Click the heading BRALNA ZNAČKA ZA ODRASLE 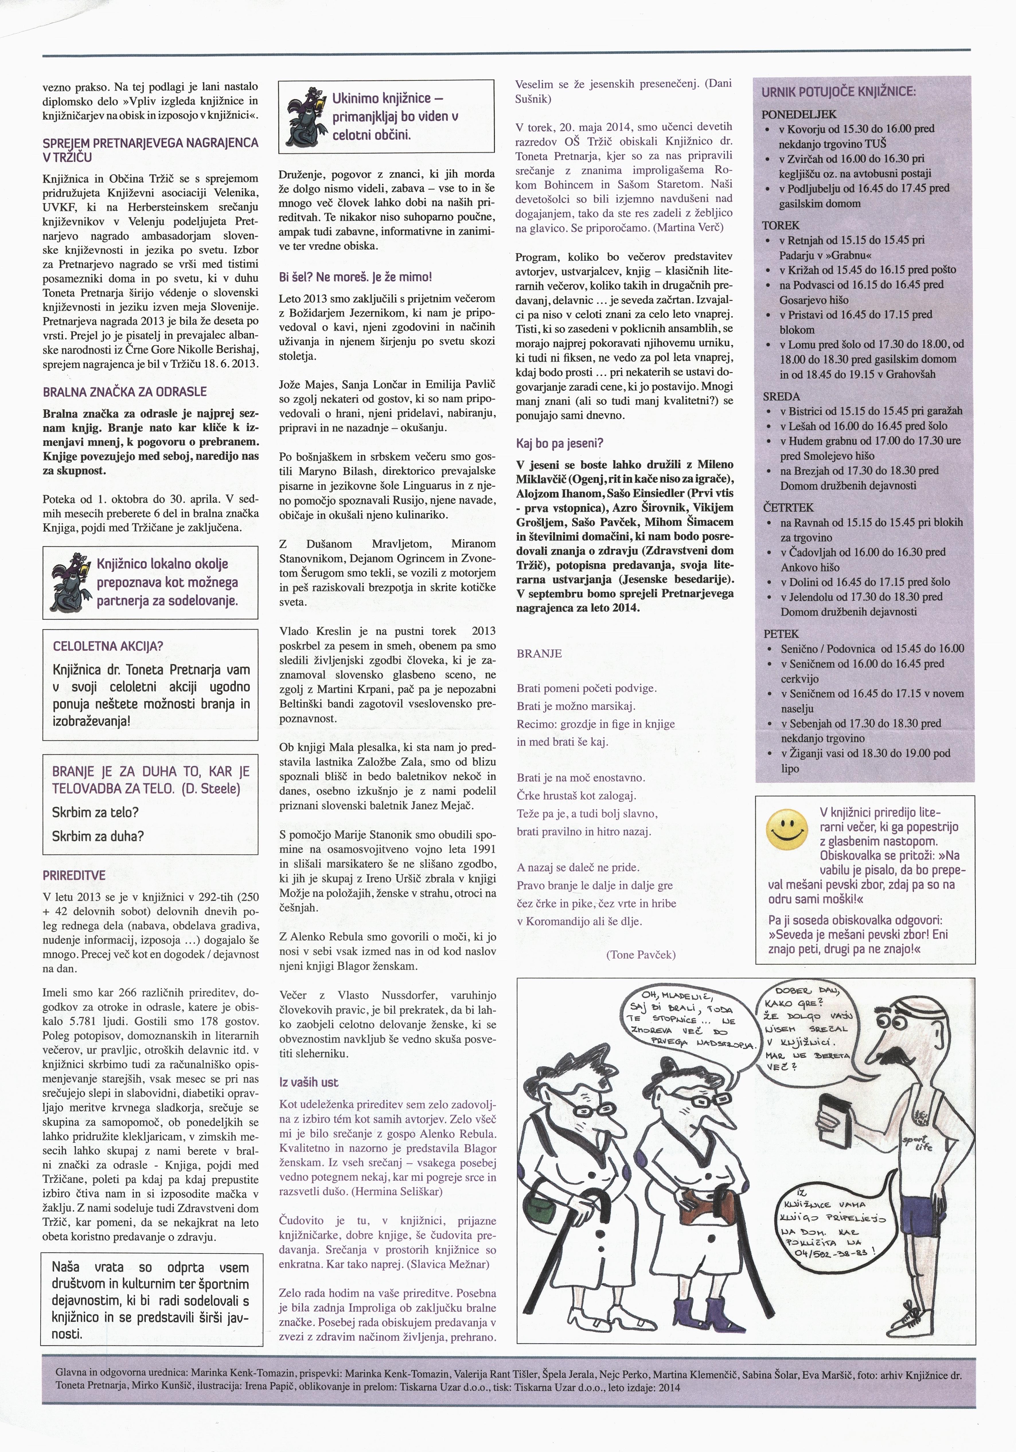[x=125, y=391]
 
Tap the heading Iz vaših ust [x=309, y=1082]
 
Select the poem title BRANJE [x=539, y=653]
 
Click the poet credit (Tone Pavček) [x=640, y=955]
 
